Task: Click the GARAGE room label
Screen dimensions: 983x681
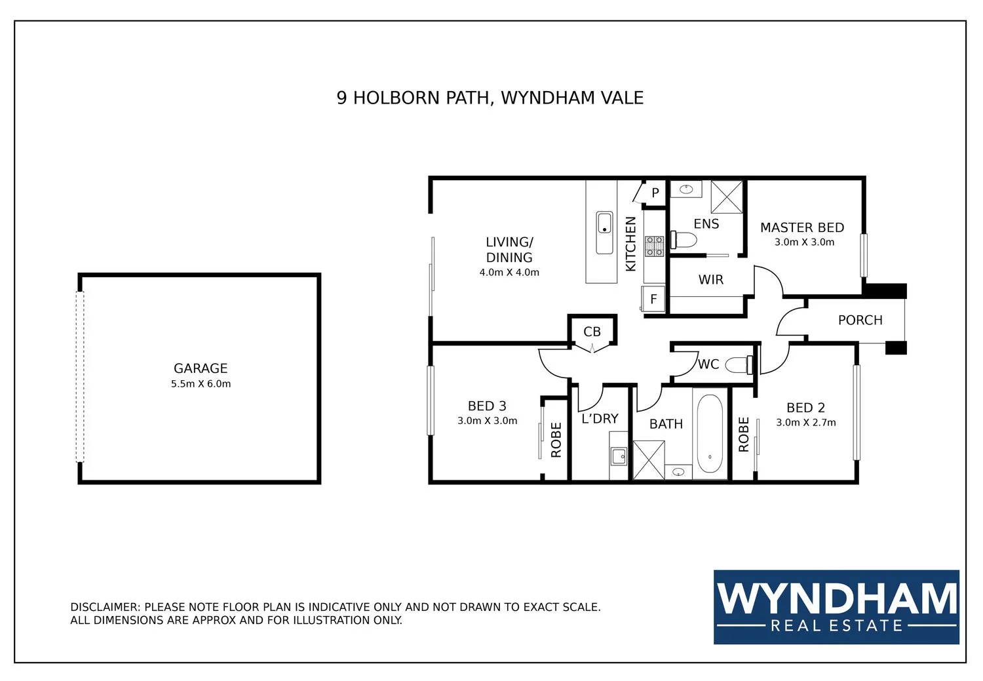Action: pos(201,368)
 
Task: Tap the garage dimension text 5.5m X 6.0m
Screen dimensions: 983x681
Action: pos(201,384)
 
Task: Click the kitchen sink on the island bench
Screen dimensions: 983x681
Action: pos(604,233)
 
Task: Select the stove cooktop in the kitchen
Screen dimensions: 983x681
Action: pos(654,246)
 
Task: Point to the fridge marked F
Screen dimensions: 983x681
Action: pos(653,299)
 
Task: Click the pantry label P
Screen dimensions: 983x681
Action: pos(655,193)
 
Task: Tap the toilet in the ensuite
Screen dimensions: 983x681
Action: pos(684,240)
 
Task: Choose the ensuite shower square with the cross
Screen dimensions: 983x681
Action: pos(727,197)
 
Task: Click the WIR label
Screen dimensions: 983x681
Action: pos(711,279)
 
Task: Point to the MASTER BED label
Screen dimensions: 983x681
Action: pos(802,227)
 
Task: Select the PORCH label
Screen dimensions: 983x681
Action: pos(860,321)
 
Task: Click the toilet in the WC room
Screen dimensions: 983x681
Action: pos(739,364)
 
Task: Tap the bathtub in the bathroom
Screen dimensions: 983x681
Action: pos(710,433)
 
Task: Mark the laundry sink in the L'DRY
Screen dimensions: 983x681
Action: pos(619,456)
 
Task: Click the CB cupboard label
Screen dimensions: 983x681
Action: pos(592,332)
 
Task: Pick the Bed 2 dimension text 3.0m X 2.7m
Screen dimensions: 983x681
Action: pos(805,423)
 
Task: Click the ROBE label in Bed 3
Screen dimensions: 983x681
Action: pos(556,440)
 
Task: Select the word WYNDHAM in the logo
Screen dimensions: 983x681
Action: pos(836,598)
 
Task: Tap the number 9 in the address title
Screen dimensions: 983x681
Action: pos(341,98)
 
